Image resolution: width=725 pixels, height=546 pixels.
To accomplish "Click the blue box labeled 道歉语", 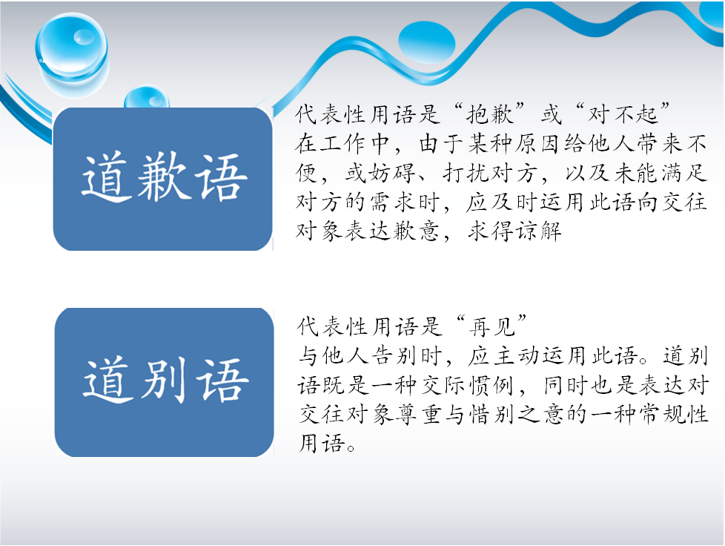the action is [163, 179].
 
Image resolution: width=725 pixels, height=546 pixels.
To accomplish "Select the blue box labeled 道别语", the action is [164, 382].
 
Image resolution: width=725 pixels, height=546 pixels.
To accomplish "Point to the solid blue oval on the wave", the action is [426, 42].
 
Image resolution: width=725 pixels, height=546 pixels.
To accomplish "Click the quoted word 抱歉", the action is [490, 114].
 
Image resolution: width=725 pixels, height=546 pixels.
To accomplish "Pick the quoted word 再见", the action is [491, 326].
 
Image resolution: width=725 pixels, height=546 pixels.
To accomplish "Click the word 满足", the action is [683, 173].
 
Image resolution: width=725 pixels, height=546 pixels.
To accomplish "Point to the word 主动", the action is [517, 356].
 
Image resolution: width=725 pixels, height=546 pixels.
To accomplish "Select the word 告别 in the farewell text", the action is [394, 356].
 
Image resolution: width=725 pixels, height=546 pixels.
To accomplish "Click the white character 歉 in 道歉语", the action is [164, 177].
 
